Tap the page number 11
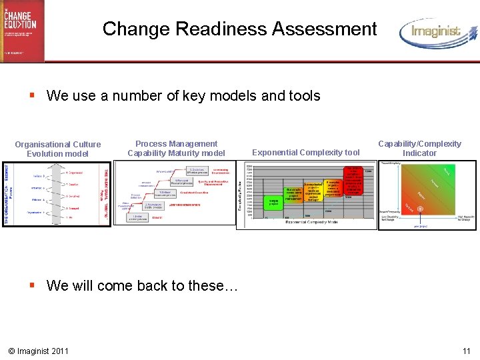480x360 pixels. click(466, 351)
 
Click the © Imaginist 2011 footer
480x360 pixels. click(39, 351)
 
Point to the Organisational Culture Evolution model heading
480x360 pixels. click(58, 149)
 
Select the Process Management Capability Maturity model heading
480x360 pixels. click(176, 148)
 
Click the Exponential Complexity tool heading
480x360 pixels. click(306, 153)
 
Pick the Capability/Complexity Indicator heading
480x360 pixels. click(419, 148)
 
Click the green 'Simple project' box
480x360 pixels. click(274, 201)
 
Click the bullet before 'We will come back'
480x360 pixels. click(32, 285)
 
